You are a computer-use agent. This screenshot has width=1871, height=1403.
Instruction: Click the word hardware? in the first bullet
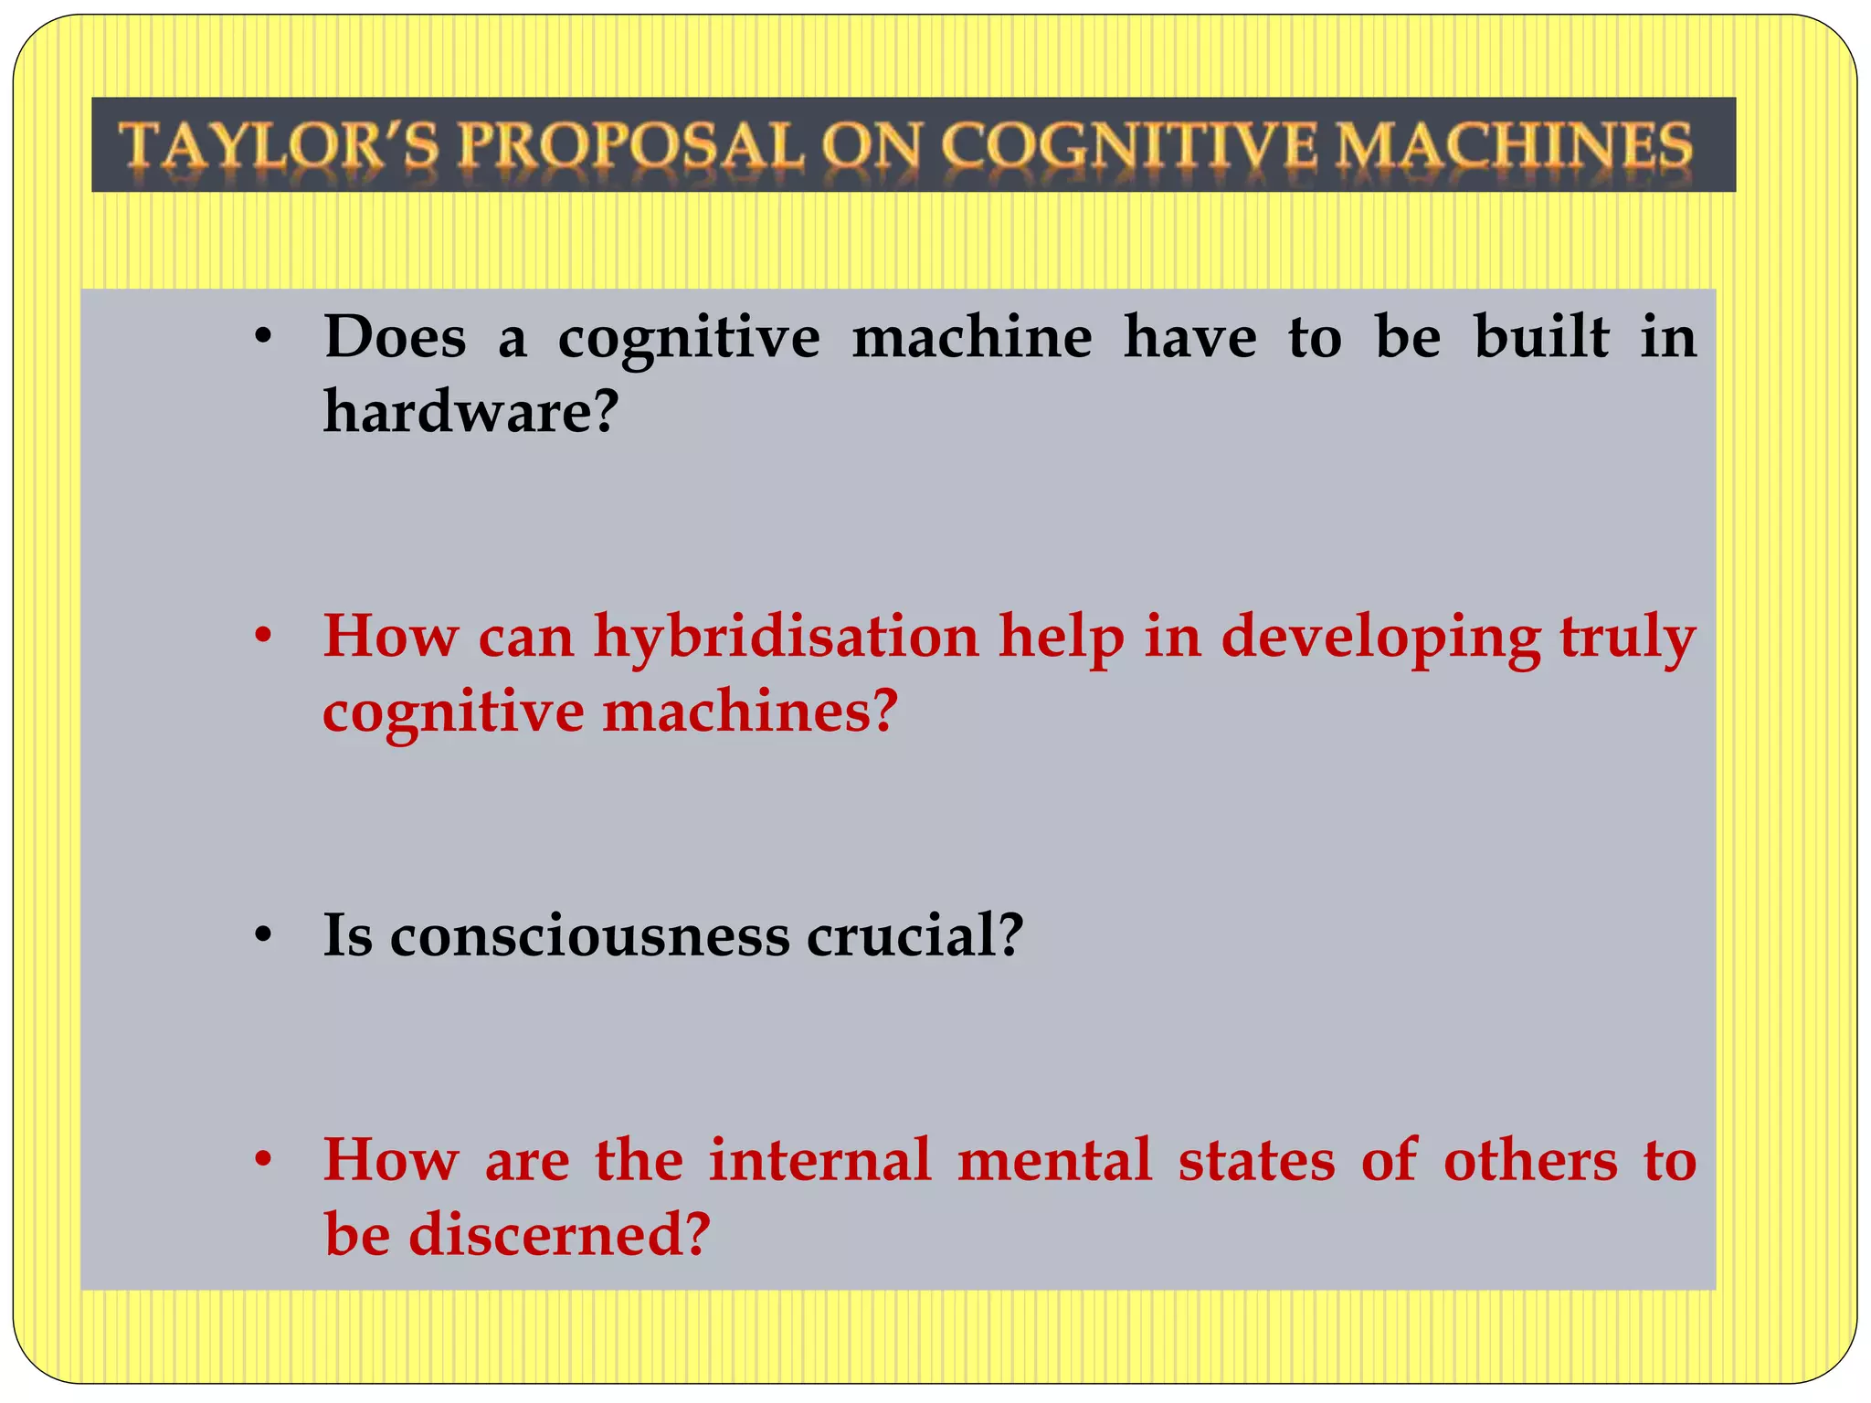(471, 411)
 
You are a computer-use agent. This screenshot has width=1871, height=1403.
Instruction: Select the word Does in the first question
(395, 337)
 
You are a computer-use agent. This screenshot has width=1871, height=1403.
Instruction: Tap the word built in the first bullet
(1541, 337)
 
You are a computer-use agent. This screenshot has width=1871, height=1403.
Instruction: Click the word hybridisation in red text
(786, 636)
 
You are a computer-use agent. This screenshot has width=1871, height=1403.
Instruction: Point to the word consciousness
(589, 935)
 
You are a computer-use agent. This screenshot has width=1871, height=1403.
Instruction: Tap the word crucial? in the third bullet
(914, 935)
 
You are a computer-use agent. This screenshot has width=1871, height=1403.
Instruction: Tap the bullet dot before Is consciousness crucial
(264, 936)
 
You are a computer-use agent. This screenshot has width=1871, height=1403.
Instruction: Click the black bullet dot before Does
(264, 338)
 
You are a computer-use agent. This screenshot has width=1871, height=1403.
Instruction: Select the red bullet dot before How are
(264, 1161)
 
